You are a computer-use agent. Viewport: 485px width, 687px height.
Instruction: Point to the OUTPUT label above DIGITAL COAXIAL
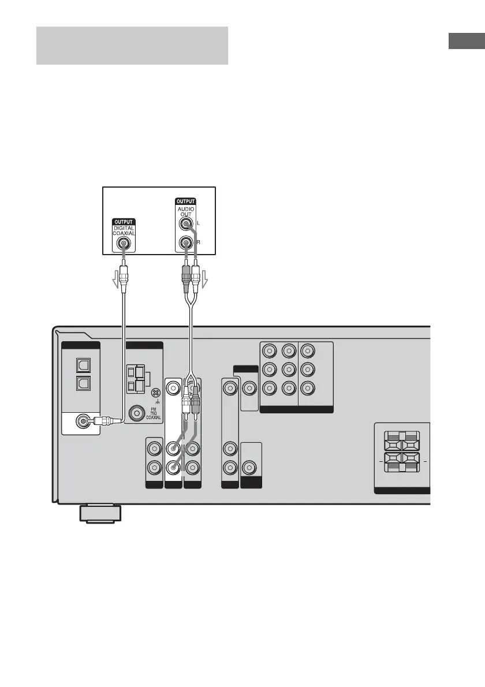(123, 222)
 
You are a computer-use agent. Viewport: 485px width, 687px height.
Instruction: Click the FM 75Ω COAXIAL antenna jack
(139, 412)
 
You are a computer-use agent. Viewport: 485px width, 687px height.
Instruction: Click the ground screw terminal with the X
(154, 393)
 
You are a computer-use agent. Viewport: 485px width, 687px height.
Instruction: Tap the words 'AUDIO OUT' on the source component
(186, 211)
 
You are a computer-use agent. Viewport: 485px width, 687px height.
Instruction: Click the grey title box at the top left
(132, 45)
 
